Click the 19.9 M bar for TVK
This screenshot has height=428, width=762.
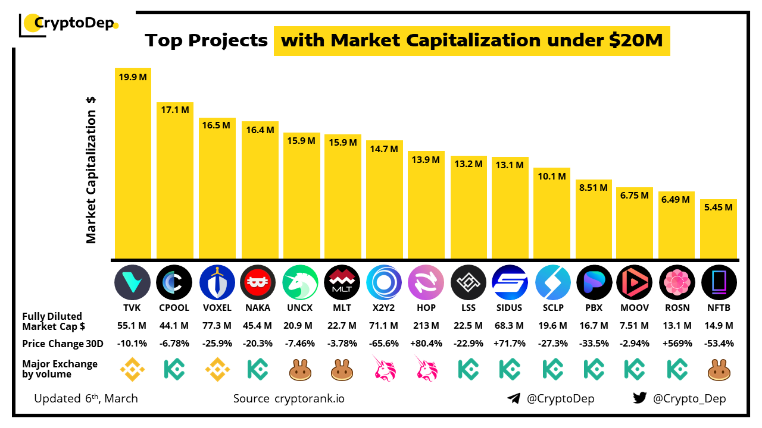tap(133, 163)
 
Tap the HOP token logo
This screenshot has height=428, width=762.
tap(426, 282)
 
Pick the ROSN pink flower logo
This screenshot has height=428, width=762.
tap(677, 282)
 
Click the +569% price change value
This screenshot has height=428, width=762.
tap(677, 344)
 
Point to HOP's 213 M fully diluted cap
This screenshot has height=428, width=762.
tap(426, 326)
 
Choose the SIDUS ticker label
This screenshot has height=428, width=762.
tap(510, 308)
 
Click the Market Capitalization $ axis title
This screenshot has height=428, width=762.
tap(91, 170)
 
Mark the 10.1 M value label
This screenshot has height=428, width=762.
tap(551, 177)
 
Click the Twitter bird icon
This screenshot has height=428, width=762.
tap(639, 398)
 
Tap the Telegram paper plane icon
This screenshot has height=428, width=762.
tap(514, 398)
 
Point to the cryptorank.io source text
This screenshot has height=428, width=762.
tap(309, 398)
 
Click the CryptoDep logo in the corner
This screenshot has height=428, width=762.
tap(69, 24)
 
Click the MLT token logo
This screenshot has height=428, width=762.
tap(342, 282)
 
